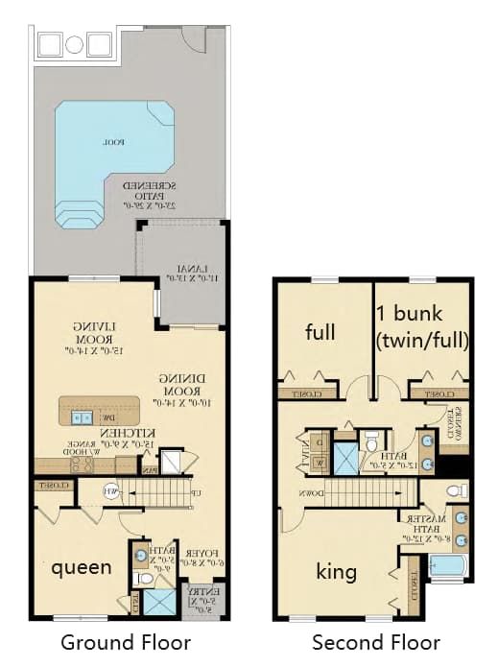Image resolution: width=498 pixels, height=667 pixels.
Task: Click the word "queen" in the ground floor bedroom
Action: [82, 567]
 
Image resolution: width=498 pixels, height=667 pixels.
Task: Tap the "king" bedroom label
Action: [337, 572]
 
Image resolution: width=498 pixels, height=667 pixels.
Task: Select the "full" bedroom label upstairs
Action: [320, 332]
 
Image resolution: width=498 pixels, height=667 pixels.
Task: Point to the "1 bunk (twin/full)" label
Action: [422, 326]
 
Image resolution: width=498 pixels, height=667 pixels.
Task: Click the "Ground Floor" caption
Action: [126, 642]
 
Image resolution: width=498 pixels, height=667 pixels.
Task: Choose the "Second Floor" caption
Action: [376, 642]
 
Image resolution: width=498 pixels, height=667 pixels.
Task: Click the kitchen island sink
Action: [82, 417]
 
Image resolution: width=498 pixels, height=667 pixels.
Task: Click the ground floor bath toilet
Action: [144, 579]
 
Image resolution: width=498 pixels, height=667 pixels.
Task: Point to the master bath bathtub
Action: [448, 565]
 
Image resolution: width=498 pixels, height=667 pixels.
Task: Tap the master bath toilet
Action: [458, 491]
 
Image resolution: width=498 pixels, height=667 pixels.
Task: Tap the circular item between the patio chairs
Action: [75, 44]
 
